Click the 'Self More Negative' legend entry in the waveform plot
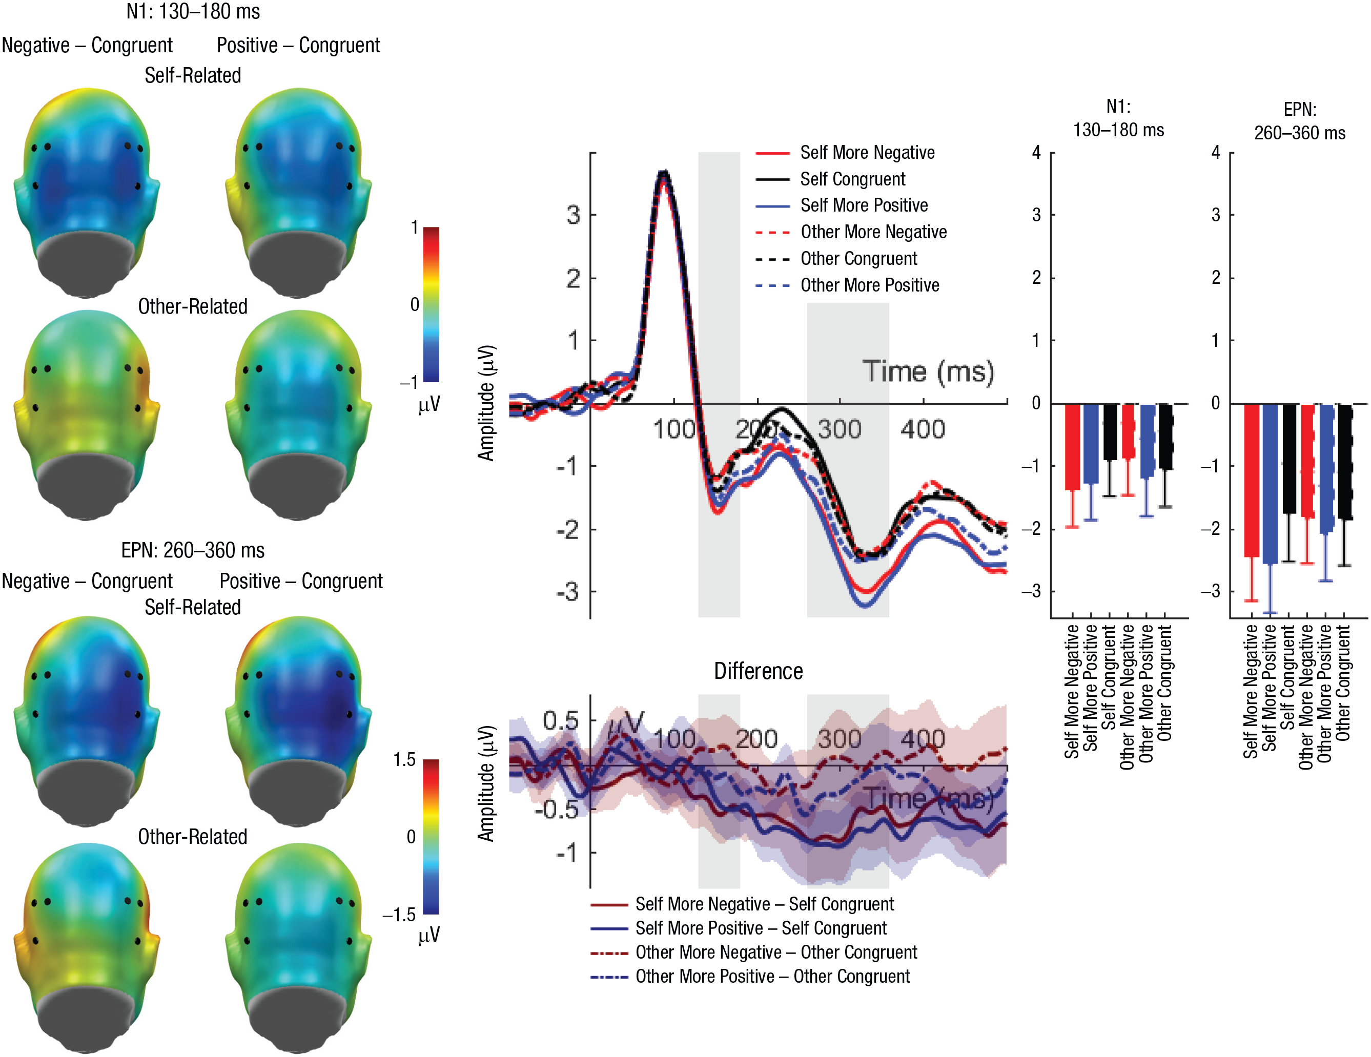867,153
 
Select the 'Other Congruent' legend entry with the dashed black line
858,259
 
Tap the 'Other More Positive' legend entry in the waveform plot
869,285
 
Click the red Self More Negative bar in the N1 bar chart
1072,446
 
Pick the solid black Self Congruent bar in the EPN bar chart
1289,458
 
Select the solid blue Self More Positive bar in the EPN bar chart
1270,483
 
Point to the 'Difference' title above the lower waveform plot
759,671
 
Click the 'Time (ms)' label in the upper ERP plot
928,371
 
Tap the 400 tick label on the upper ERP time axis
923,430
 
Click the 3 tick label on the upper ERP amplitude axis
573,215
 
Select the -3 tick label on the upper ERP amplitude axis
567,592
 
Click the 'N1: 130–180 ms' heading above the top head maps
193,11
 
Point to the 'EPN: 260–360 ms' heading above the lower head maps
193,550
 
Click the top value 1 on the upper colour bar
414,227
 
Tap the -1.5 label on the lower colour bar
399,915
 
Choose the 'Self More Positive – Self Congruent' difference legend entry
761,928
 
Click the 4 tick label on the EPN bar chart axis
1216,153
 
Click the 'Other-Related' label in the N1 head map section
193,306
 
